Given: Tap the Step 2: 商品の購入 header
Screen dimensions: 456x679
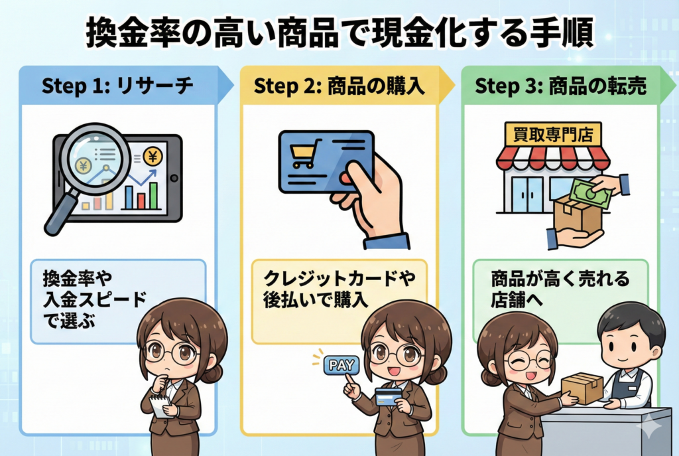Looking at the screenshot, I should pos(339,86).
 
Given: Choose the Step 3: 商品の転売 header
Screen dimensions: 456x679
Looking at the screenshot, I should pos(561,86).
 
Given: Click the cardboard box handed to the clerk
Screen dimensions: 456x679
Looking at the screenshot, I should pos(582,387).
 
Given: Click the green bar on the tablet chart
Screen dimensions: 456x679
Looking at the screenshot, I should pos(153,195).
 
